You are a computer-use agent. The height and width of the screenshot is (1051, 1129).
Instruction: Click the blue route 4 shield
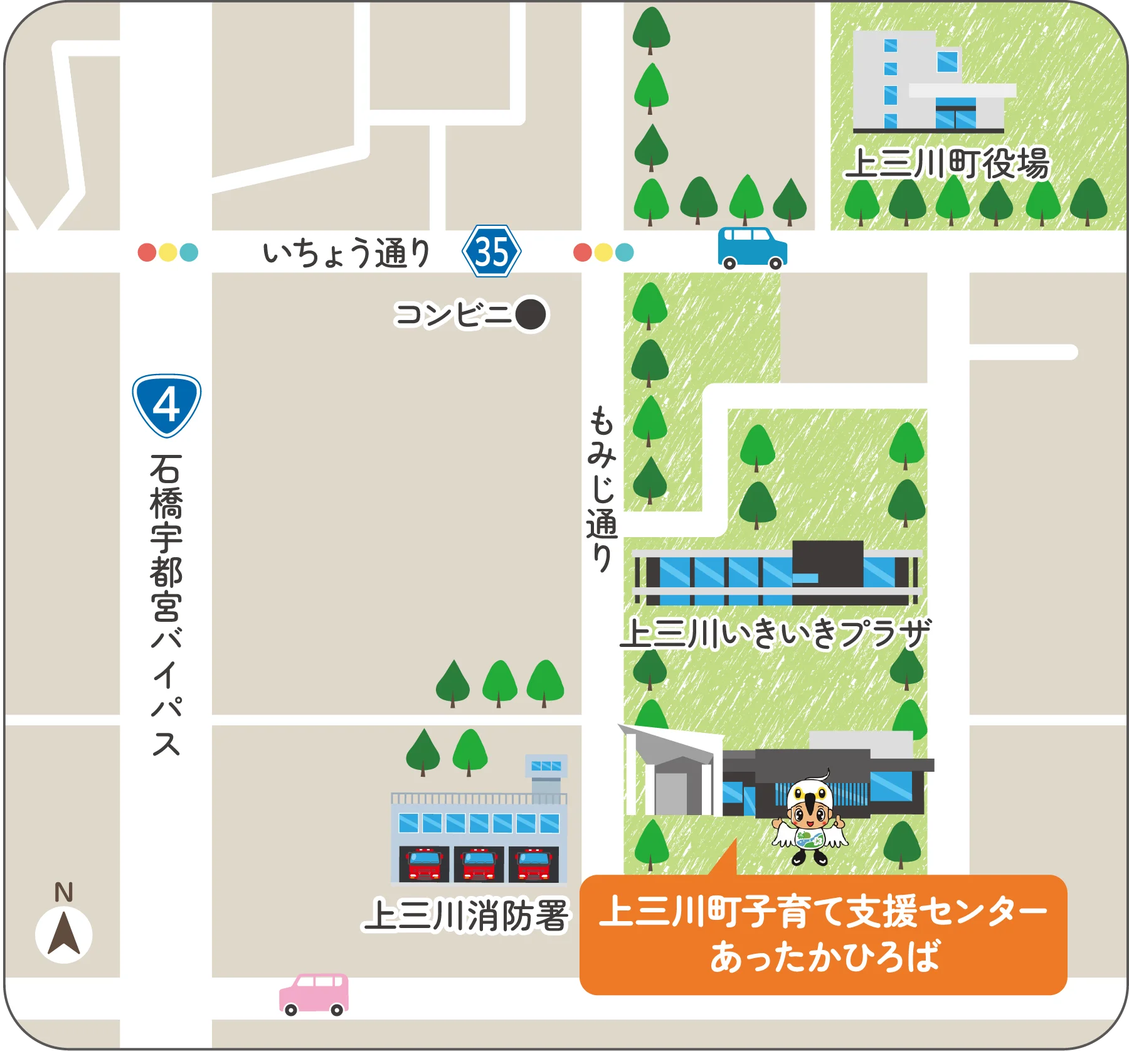166,405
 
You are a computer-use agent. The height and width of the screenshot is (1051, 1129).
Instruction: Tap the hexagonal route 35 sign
492,252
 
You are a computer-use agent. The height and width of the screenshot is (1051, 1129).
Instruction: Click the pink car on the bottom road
314,993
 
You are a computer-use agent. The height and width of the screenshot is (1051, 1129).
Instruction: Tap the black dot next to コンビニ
531,314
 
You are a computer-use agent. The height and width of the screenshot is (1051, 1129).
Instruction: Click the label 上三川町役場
946,164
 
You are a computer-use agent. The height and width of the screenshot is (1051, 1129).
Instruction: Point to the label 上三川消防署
466,915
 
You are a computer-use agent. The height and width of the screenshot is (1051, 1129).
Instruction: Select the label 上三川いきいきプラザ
775,633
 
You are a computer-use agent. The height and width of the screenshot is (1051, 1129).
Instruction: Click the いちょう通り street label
347,253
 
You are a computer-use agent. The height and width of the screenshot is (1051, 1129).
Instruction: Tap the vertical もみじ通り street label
602,489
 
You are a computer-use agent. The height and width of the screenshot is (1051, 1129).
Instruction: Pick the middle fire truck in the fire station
479,865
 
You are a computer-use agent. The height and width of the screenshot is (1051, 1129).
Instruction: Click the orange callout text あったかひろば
824,956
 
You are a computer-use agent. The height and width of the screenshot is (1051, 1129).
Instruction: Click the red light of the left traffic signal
147,252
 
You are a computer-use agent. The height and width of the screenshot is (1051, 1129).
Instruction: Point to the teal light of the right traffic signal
625,252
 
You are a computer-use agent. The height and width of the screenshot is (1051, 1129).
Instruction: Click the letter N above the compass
64,892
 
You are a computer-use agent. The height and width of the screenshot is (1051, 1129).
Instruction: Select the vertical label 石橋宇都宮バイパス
166,606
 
